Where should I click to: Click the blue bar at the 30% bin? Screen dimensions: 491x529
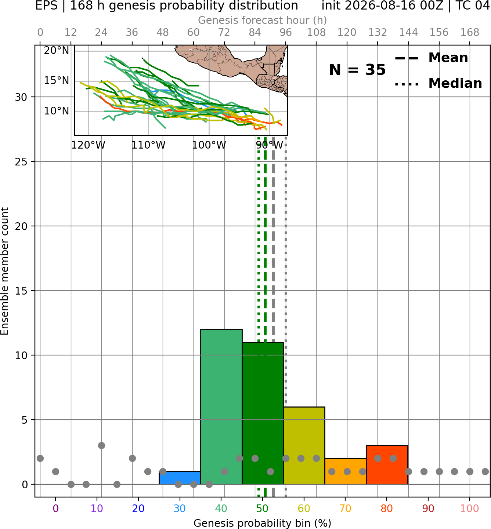point(180,478)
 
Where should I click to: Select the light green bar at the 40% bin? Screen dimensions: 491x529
point(221,406)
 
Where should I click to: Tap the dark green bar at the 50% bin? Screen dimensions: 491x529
point(263,413)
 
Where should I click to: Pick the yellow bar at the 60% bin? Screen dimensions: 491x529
point(304,445)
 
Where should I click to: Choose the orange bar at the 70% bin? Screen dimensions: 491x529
point(346,471)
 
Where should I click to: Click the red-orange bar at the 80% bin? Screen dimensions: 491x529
point(387,465)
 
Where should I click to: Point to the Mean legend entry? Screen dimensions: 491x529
point(431,58)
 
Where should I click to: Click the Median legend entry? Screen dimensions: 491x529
point(438,83)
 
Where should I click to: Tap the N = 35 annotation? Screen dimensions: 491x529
point(357,70)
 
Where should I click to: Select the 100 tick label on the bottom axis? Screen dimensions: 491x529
point(470,508)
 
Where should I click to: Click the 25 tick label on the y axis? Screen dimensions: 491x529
point(21,162)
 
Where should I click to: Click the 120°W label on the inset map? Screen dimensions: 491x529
point(88,145)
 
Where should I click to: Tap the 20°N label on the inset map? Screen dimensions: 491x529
point(57,50)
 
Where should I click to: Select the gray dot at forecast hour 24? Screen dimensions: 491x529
point(101,445)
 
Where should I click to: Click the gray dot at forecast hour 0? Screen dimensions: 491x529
point(40,459)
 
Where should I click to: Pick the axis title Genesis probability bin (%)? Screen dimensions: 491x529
point(263,523)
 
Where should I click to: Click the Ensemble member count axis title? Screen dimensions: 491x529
point(4,271)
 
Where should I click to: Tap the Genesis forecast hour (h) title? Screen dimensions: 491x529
point(263,20)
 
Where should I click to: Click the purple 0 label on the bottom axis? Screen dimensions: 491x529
point(55,508)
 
